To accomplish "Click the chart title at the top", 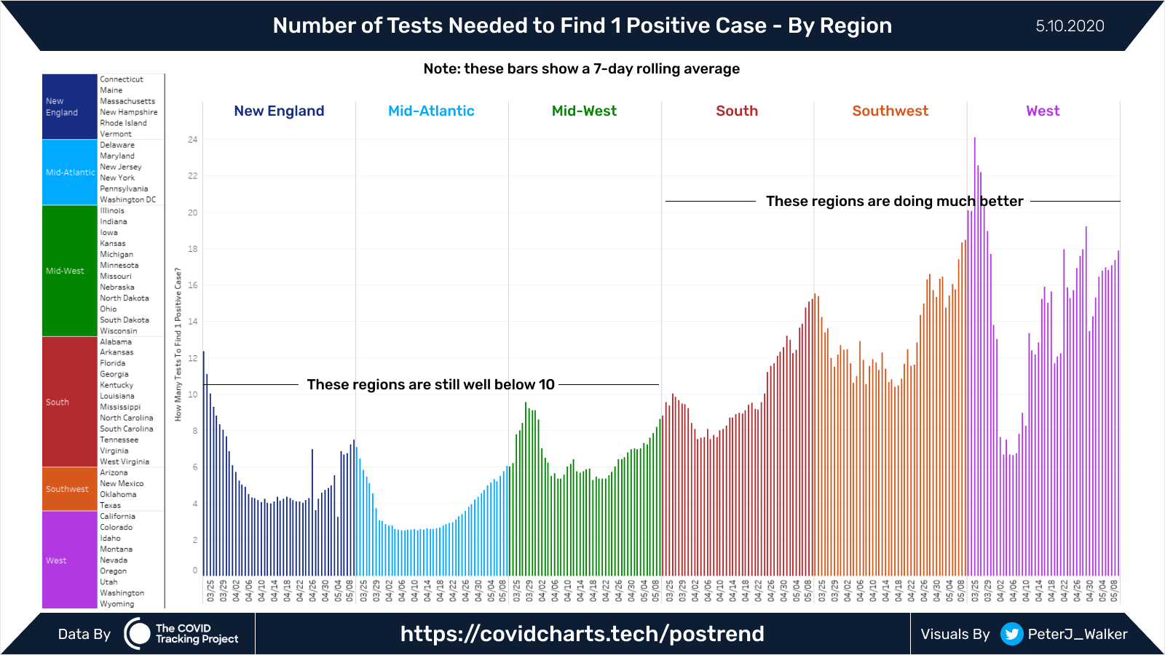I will [x=582, y=25].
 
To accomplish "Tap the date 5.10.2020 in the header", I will [x=1070, y=26].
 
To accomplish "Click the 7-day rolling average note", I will [x=581, y=69].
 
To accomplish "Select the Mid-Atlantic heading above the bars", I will [x=431, y=111].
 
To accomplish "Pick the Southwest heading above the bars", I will [x=890, y=111].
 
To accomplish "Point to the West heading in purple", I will [x=1043, y=111].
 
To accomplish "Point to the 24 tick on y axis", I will [x=192, y=140].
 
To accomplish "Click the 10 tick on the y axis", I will [x=192, y=394].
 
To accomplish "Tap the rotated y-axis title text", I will [x=178, y=344].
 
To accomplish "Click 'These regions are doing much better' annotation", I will [x=894, y=202].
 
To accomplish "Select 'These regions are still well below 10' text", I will [x=430, y=385].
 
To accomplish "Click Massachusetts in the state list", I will [x=127, y=101].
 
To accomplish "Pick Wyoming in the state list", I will [x=117, y=604].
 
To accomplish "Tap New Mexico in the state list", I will [x=122, y=484].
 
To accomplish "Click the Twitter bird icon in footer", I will [x=1011, y=634].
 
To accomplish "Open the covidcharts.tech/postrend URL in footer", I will [x=582, y=634].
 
